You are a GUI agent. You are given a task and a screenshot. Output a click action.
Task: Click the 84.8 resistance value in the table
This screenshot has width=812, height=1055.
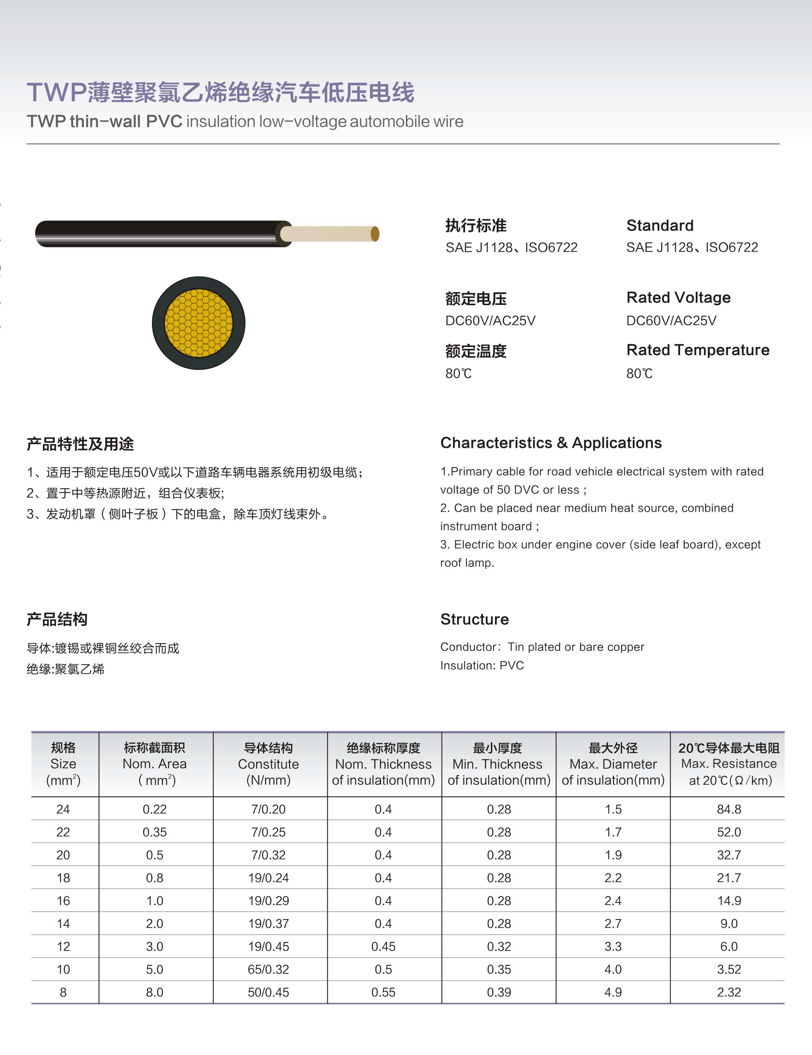tap(729, 809)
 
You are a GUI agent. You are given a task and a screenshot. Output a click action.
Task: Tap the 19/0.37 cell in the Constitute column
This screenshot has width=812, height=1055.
tap(268, 924)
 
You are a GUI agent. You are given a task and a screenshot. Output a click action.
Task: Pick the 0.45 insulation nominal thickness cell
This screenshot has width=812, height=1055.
tap(383, 946)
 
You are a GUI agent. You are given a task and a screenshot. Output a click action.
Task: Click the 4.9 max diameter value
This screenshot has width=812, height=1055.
tap(613, 992)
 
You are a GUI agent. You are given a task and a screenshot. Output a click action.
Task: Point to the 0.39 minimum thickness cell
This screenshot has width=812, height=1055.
tap(499, 992)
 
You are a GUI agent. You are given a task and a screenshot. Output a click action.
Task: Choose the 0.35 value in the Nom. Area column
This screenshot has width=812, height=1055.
tap(155, 832)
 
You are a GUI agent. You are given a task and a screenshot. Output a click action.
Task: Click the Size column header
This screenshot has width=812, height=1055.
tap(63, 764)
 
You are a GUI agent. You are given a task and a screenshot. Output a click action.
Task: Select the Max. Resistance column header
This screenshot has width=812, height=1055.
tap(729, 764)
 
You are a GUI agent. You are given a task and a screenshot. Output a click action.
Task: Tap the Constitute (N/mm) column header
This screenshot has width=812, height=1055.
tap(268, 764)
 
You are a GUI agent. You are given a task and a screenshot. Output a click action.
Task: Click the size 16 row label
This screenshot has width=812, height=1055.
tap(63, 900)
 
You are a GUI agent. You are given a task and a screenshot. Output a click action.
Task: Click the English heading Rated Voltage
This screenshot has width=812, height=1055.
tap(678, 298)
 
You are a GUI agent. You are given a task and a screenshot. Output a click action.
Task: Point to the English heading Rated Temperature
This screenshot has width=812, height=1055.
tap(698, 350)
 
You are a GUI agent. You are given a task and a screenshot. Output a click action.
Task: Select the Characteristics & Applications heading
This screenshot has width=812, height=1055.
tap(551, 443)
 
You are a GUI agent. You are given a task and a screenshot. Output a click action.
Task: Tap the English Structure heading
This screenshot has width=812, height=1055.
tap(475, 619)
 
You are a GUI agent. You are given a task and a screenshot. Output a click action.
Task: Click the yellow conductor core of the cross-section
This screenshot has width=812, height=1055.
tap(198, 323)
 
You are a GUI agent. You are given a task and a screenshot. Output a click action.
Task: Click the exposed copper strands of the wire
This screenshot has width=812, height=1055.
tap(328, 234)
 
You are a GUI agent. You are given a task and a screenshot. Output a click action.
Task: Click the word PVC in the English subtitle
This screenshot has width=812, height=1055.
tap(164, 121)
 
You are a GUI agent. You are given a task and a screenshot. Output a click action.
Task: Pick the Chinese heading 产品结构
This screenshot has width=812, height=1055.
tap(57, 619)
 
